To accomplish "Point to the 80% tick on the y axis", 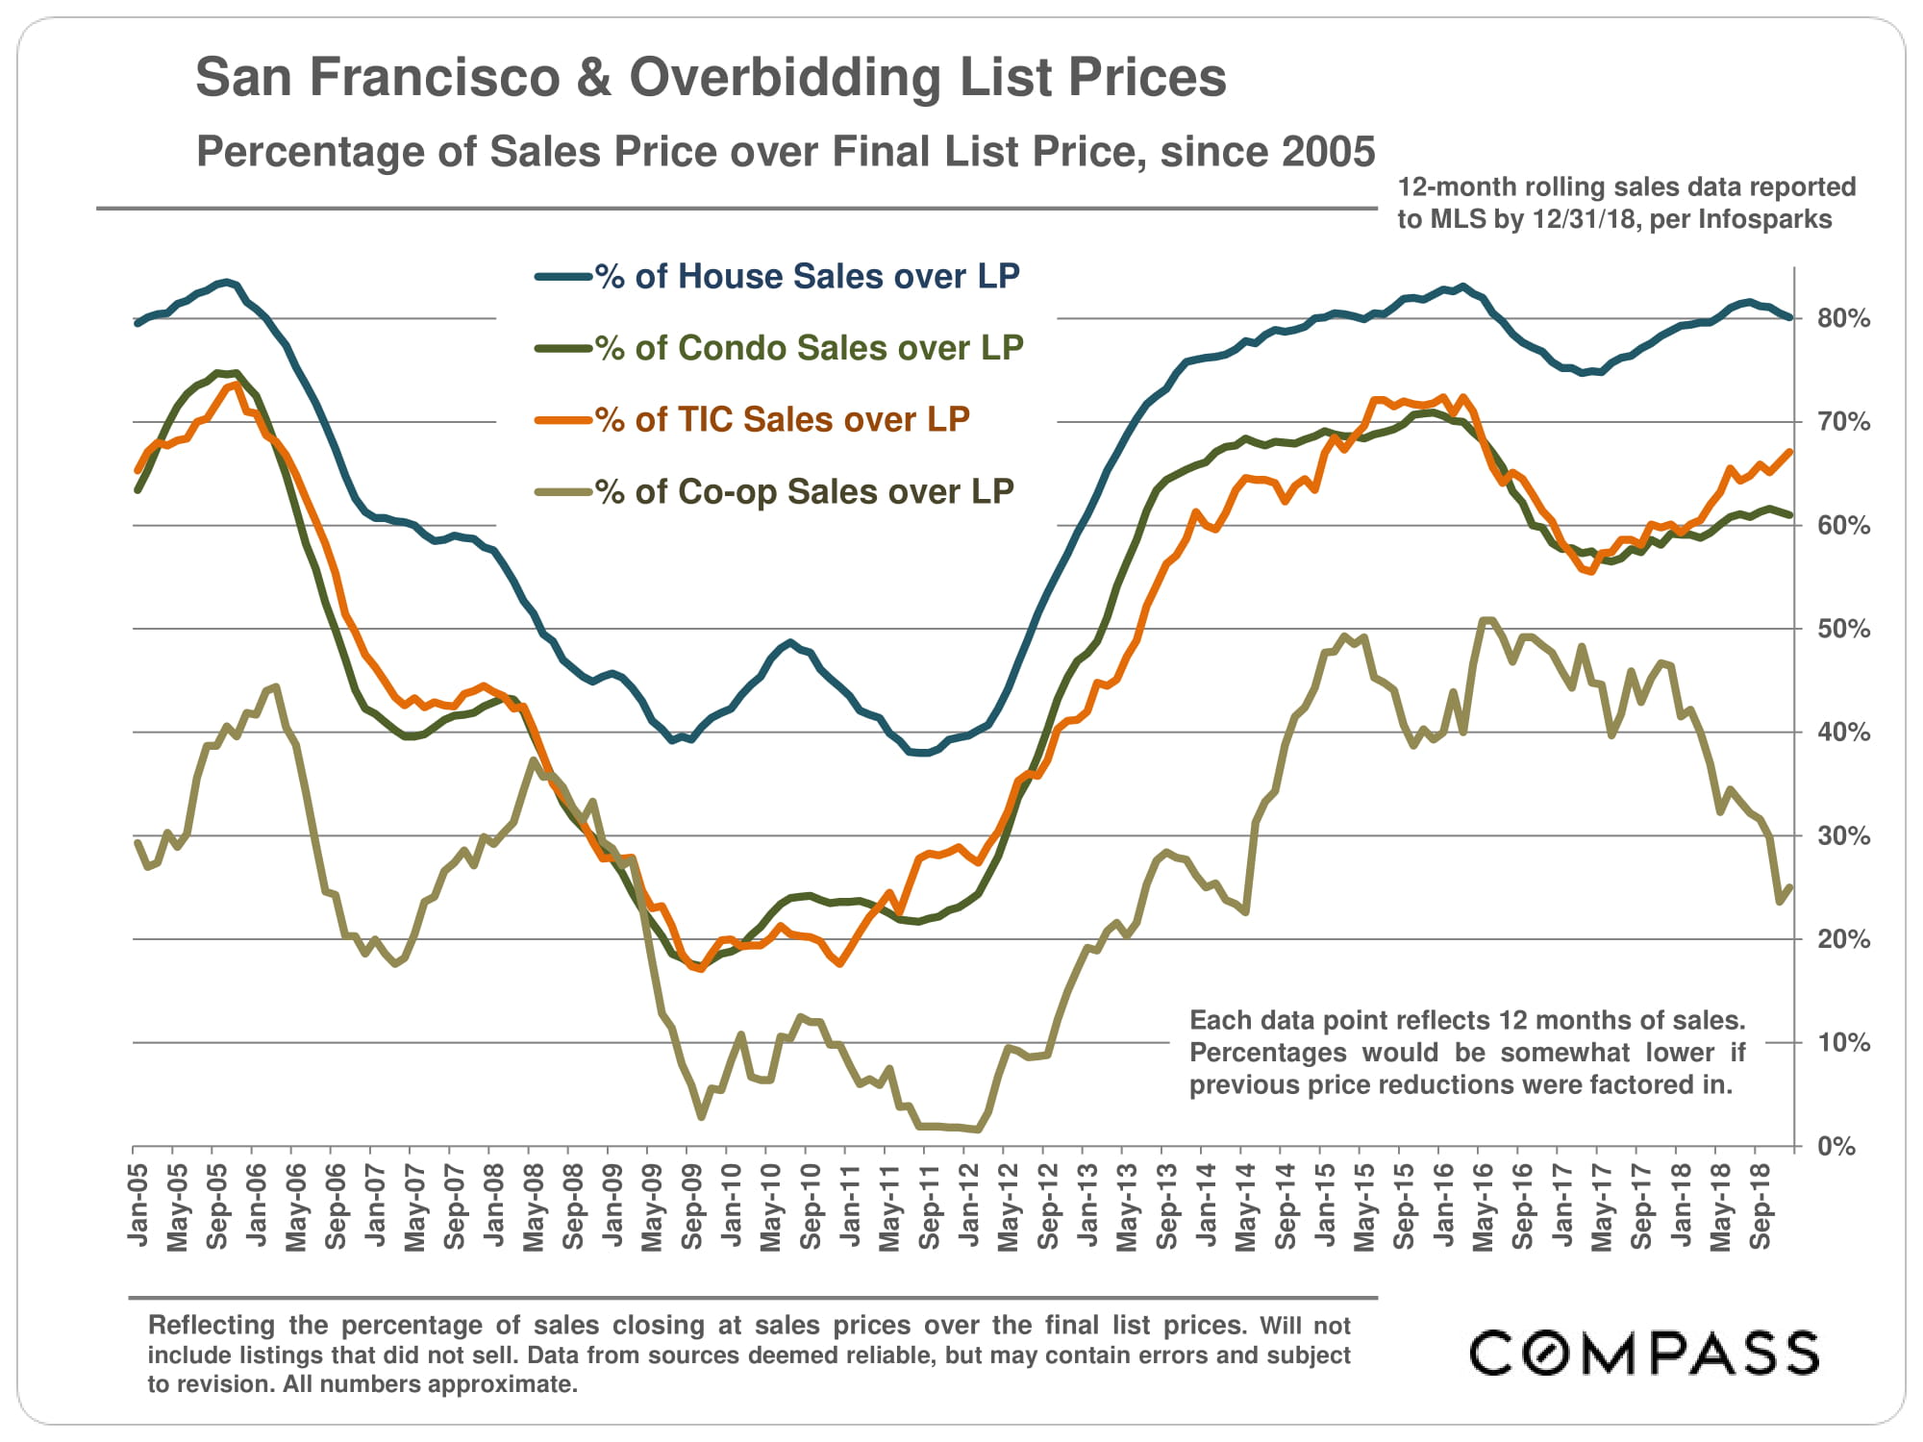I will click(x=1843, y=318).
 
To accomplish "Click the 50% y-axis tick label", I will click(x=1843, y=629).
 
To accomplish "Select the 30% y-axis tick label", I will click(x=1843, y=835).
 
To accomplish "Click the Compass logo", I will click(x=1644, y=1353).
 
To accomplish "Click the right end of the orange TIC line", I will click(x=1789, y=452).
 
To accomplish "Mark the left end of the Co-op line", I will click(x=137, y=843).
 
